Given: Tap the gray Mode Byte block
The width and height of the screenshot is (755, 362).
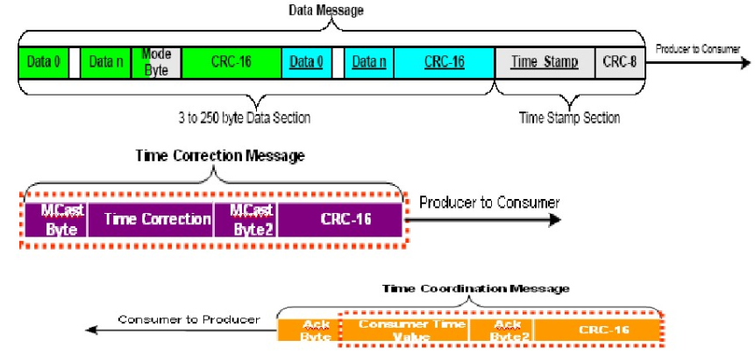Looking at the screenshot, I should pos(155,63).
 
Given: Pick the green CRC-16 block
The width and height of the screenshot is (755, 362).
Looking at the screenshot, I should pos(231,63).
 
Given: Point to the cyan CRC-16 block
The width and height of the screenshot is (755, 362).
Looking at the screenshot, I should pos(444,63).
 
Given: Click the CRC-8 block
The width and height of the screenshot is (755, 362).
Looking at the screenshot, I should pos(620,63).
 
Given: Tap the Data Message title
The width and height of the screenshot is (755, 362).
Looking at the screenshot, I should pos(325,11).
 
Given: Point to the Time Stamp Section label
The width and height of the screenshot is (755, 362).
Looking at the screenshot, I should pos(569,117).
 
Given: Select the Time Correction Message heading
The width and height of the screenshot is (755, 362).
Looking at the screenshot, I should pos(220,155).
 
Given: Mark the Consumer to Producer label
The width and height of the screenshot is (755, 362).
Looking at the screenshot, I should pos(189,319).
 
